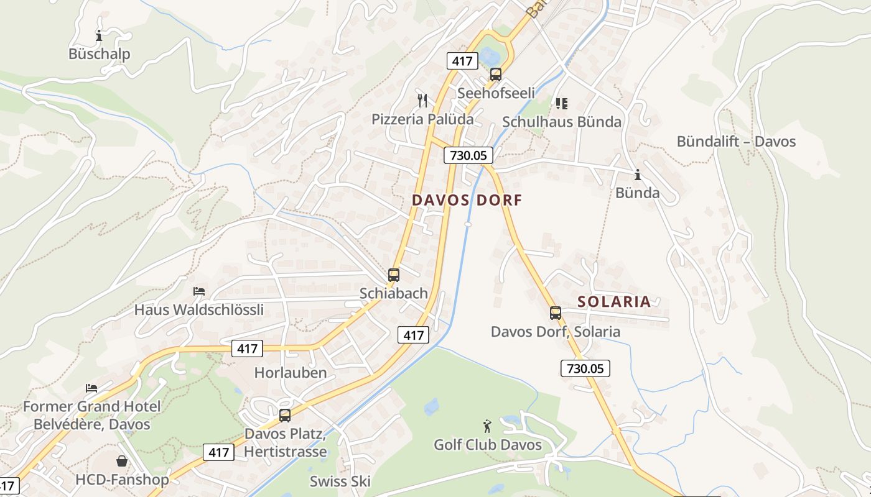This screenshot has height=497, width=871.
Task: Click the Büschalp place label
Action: pos(100,54)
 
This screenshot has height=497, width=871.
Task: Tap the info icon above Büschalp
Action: pos(98,35)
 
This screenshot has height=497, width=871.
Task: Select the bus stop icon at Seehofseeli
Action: pos(496,75)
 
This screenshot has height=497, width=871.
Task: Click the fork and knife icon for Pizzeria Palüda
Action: pos(422,100)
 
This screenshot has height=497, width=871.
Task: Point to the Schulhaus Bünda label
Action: pos(562,122)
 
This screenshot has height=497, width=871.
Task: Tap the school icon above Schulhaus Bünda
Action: pos(562,103)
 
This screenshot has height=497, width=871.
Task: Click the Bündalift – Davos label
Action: pos(736,142)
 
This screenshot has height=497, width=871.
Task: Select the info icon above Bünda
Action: pos(637,175)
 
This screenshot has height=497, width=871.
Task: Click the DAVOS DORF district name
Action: pos(467,200)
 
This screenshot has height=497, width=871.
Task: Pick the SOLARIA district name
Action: pos(614,302)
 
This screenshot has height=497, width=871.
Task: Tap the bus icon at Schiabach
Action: pos(394,275)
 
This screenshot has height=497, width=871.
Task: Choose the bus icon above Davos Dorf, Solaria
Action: pos(556,313)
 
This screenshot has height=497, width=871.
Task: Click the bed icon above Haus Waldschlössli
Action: pos(199,291)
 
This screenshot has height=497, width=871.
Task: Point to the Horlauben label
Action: pos(291,373)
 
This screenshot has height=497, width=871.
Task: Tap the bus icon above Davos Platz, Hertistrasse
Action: pos(285,416)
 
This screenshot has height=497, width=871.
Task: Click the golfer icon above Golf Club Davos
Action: pos(487,426)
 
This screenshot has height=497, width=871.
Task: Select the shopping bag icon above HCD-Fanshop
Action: pos(122,461)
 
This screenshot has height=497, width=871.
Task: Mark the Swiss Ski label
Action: pos(340,481)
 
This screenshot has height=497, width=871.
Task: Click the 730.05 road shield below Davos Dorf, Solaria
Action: pos(585,368)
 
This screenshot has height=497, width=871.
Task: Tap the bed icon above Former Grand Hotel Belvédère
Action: pos(91,388)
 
